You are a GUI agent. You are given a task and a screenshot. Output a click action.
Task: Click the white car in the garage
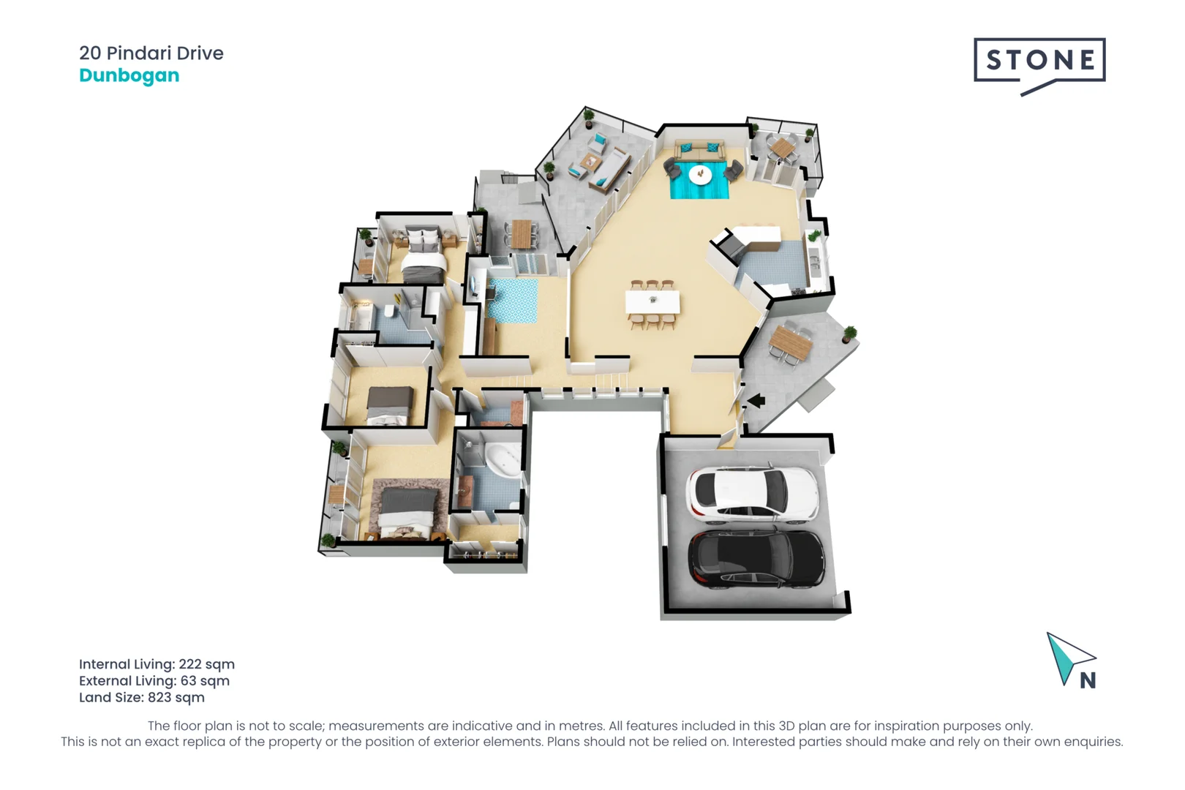coord(752,494)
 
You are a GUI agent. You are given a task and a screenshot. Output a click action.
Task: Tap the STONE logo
coord(1039,61)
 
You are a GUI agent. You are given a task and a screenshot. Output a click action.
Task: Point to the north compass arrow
coord(1067,655)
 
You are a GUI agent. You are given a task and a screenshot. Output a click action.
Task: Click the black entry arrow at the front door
coord(756,400)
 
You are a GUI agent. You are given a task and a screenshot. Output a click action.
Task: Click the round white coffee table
coord(700,174)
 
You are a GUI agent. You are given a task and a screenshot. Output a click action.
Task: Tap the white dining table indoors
coord(652,301)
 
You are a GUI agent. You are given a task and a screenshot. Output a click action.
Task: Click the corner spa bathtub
coord(503,459)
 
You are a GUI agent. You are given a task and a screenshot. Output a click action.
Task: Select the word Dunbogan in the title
coord(129,75)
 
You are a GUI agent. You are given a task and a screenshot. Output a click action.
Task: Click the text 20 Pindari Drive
coord(151,53)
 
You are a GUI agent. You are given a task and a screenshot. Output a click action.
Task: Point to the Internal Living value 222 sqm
coord(206,664)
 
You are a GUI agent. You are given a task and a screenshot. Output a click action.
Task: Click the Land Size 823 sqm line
coord(141,698)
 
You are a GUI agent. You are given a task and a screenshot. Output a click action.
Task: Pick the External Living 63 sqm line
coord(154,681)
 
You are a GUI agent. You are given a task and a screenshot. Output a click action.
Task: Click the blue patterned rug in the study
coord(513,301)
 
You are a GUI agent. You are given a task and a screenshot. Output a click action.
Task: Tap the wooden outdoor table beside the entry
coord(790,342)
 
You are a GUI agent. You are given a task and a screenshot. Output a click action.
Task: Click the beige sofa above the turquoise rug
coord(700,151)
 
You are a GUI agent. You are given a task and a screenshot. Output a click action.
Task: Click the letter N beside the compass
coord(1088,681)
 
